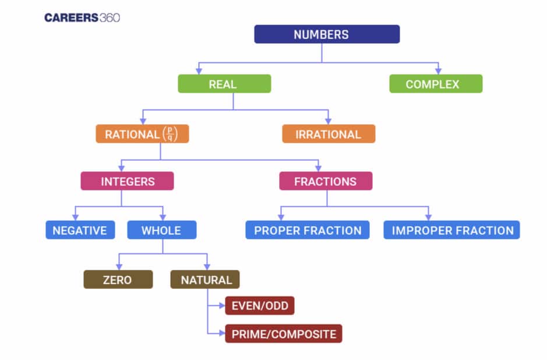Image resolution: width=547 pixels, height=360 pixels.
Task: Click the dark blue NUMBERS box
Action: (x=327, y=34)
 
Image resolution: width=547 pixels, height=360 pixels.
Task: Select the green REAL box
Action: (x=224, y=84)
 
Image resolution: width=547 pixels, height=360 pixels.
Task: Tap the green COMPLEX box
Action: (x=436, y=84)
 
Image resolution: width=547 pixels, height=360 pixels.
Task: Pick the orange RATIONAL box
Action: (x=142, y=134)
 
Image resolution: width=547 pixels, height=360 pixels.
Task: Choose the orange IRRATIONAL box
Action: (x=329, y=134)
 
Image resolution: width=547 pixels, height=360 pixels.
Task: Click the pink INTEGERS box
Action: (x=127, y=181)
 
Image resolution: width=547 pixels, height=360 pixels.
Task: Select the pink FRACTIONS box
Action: (x=326, y=181)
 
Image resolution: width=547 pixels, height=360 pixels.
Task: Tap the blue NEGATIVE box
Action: (x=80, y=230)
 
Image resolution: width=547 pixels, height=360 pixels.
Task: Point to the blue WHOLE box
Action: (x=162, y=230)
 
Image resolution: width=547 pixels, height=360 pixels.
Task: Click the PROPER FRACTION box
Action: (x=308, y=230)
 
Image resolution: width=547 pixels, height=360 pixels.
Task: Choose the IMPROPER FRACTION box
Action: (x=451, y=230)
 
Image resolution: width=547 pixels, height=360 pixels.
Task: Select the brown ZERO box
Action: (x=118, y=280)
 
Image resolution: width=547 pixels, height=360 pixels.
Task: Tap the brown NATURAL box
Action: (x=205, y=280)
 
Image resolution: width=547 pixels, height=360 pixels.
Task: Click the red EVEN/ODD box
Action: (x=260, y=306)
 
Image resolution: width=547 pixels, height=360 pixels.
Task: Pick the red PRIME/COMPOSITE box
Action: (x=284, y=334)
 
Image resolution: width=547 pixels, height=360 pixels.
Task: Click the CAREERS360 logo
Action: (x=82, y=17)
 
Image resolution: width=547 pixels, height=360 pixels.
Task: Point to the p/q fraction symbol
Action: (x=170, y=134)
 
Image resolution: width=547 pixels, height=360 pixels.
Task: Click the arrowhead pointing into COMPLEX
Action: (x=438, y=71)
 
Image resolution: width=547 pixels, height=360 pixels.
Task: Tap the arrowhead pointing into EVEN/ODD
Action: (x=222, y=306)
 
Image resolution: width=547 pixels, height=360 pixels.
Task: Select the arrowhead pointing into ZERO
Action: (x=119, y=267)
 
